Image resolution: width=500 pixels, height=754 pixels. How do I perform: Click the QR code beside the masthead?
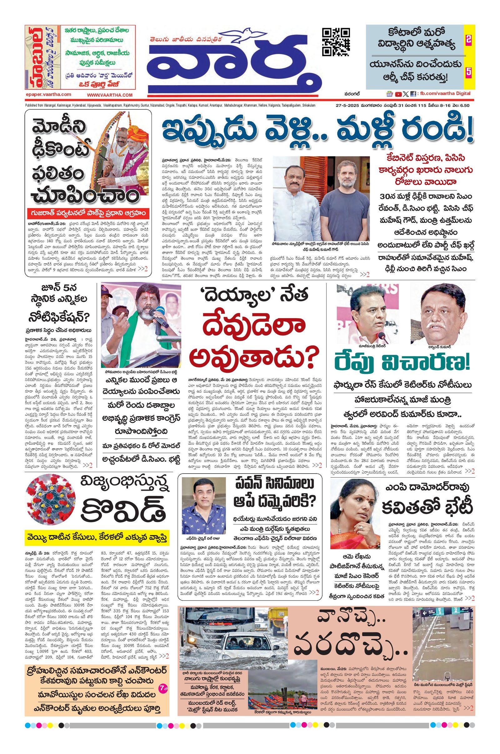click(x=336, y=42)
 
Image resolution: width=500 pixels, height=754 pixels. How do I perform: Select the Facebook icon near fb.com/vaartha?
click(x=413, y=94)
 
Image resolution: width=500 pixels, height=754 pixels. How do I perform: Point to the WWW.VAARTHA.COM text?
click(x=109, y=95)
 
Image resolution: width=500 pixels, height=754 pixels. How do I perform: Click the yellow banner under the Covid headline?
click(x=97, y=537)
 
